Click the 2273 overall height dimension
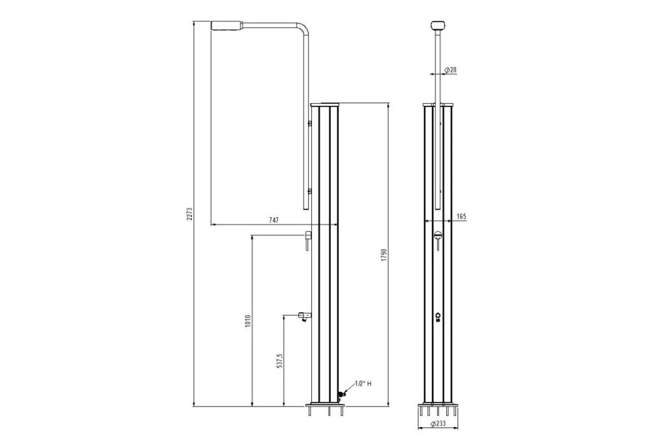(189, 215)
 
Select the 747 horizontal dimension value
(274, 219)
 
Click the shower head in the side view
(228, 25)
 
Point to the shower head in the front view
(437, 26)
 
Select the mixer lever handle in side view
(307, 240)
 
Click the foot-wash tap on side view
(303, 315)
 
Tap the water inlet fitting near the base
(341, 395)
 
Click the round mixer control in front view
(437, 237)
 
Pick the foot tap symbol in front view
(437, 317)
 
